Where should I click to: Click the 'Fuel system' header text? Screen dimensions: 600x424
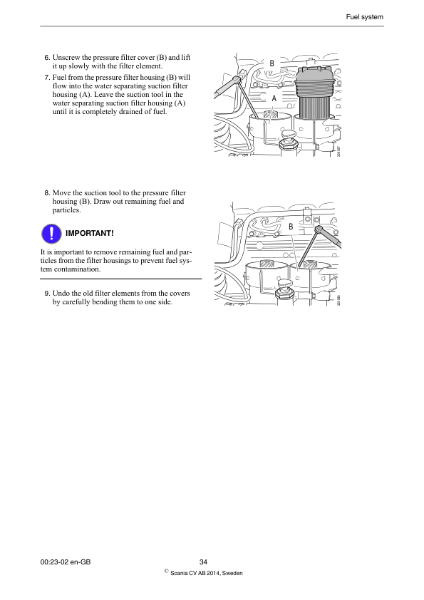click(365, 16)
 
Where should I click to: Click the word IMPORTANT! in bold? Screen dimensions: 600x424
click(89, 234)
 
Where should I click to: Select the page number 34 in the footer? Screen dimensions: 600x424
click(203, 562)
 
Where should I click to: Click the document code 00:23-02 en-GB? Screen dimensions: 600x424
click(66, 562)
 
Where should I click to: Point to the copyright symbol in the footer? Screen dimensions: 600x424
click(166, 571)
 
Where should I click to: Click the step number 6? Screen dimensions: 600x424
click(47, 57)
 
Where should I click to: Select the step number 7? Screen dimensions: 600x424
click(47, 76)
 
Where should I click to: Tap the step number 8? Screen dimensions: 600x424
click(47, 193)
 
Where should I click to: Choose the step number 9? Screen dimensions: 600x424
click(47, 293)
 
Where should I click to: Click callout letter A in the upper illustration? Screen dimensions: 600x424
click(274, 98)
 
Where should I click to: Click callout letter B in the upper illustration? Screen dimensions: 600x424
click(272, 64)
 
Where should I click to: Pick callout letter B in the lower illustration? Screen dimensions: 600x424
click(291, 226)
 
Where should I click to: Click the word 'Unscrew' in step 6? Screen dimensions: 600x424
click(68, 57)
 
